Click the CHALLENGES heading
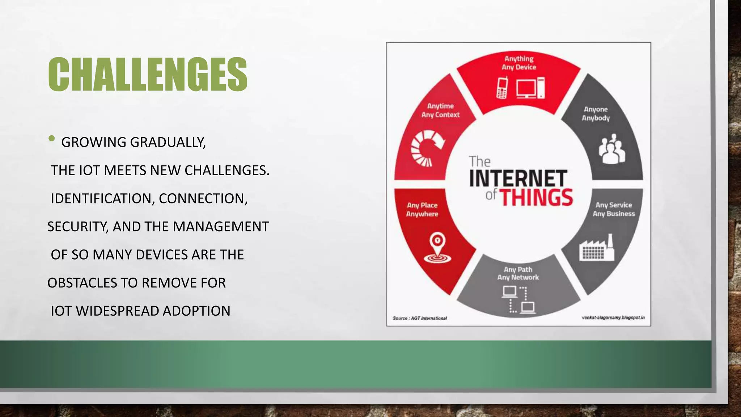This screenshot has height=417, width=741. click(148, 74)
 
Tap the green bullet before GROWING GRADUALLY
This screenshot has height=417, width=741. click(51, 139)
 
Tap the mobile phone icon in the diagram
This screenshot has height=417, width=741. click(502, 88)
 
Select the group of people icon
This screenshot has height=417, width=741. click(611, 149)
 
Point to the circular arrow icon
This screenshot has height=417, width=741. click(427, 149)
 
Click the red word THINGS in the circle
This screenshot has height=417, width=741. click(536, 197)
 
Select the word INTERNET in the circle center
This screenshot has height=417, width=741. click(518, 178)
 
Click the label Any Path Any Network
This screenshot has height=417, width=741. click(518, 273)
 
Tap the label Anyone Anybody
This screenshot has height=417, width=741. click(596, 114)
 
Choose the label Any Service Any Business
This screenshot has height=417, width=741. click(614, 209)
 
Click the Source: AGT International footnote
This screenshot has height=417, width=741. click(420, 318)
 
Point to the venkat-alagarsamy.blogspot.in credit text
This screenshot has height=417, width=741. click(613, 317)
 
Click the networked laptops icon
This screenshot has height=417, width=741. click(518, 299)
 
